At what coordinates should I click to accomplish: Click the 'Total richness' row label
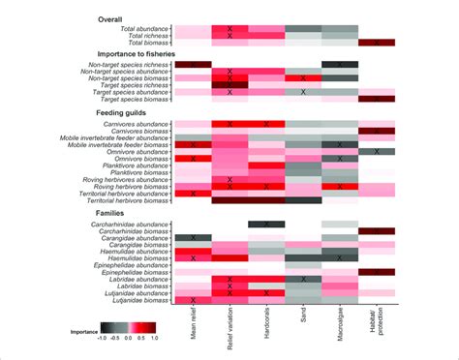point(140,37)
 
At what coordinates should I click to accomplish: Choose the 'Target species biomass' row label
point(127,99)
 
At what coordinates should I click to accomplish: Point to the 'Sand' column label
point(303,318)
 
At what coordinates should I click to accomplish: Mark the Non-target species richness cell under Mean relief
point(193,64)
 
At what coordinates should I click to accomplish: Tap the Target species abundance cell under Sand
point(303,92)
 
